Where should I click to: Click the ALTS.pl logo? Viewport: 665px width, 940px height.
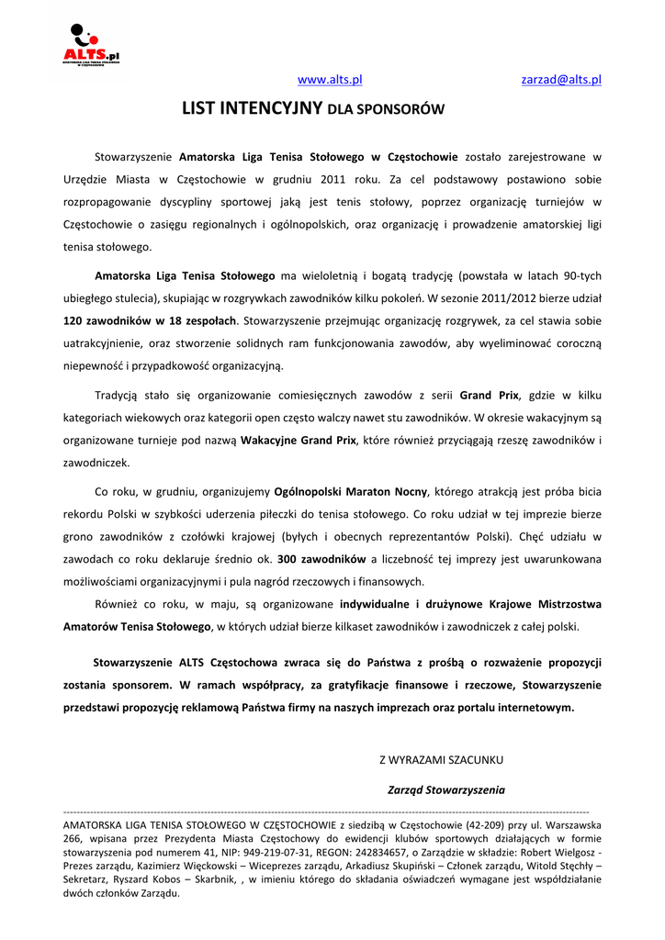pyautogui.click(x=90, y=46)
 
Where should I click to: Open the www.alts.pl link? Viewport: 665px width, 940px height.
pyautogui.click(x=330, y=80)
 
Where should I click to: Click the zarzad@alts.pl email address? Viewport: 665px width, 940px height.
pyautogui.click(x=561, y=80)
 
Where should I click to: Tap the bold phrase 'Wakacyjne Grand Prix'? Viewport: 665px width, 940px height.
pyautogui.click(x=299, y=440)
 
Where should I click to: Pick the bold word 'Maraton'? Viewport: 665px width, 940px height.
pyautogui.click(x=366, y=491)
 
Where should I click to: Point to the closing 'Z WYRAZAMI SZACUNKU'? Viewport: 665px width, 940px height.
pyautogui.click(x=442, y=760)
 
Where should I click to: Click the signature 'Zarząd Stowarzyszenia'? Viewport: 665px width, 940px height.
pyautogui.click(x=446, y=789)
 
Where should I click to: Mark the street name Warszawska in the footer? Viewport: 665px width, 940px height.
pyautogui.click(x=570, y=824)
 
